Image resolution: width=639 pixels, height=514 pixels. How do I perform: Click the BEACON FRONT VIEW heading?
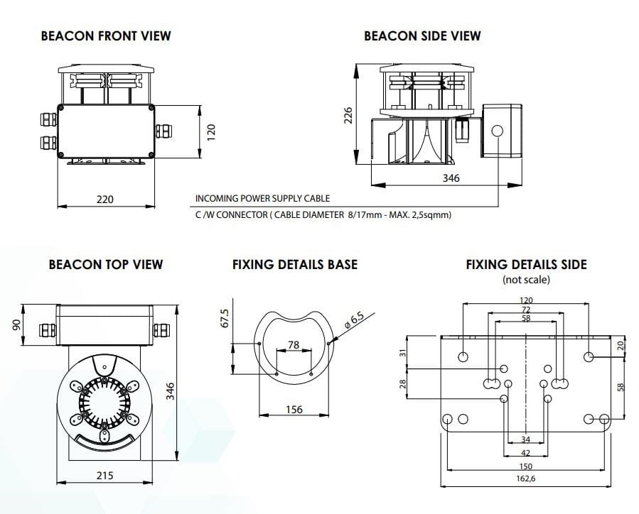pos(106,35)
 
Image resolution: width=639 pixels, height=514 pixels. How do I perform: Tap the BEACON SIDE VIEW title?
pos(422,35)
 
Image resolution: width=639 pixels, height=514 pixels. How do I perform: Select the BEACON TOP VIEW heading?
pos(106,265)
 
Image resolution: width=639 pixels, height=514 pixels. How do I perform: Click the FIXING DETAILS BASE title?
pos(295,265)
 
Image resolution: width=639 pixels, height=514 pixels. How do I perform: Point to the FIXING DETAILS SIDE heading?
pos(526,265)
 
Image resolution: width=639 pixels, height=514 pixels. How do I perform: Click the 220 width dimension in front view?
pos(104,199)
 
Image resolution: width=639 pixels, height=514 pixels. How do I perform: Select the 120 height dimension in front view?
pos(210,131)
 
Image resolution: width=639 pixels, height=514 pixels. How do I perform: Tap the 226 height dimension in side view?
pos(348,116)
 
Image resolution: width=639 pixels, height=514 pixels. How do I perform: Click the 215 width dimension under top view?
pos(104,475)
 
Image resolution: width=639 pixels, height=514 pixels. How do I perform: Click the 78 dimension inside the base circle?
pos(293,345)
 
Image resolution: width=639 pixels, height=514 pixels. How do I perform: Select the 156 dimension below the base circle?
pos(294,410)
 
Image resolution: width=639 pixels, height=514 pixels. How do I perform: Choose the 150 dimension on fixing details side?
pos(526,466)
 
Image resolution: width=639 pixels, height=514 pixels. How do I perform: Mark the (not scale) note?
pos(526,280)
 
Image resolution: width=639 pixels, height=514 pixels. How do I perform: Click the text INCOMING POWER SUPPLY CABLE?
pos(262,199)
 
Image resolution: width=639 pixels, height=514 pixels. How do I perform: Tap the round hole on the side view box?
pos(496,131)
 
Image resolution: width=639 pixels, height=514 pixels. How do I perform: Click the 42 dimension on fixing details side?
pos(526,452)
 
